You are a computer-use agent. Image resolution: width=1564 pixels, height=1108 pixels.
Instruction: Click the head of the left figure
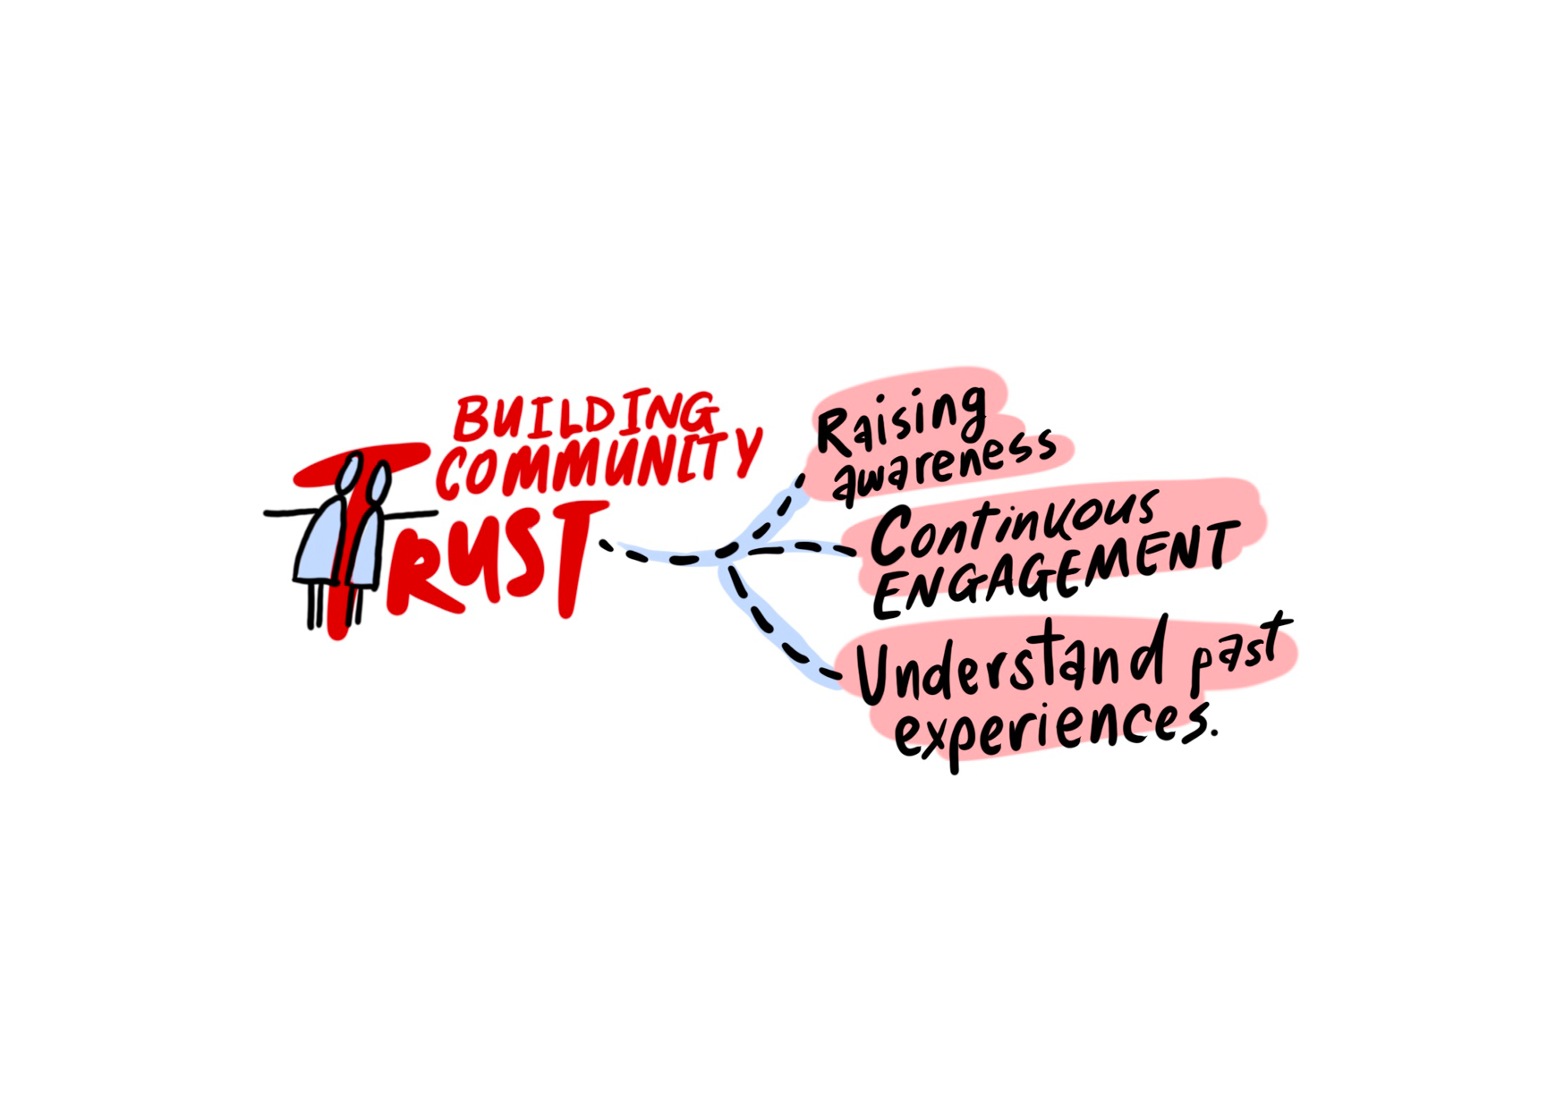coord(350,470)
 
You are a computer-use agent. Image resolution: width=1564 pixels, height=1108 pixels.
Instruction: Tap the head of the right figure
coord(379,484)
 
